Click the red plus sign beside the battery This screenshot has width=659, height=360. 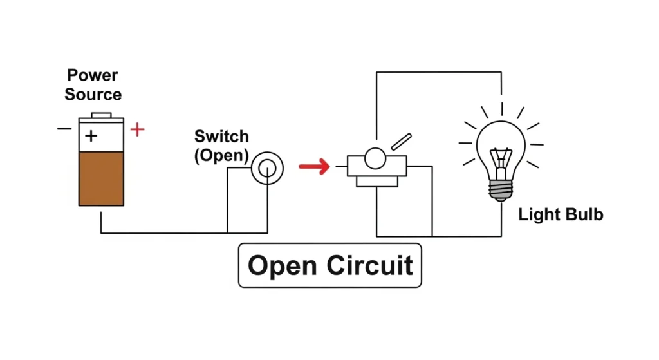pyautogui.click(x=137, y=130)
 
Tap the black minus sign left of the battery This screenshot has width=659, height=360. pyautogui.click(x=64, y=129)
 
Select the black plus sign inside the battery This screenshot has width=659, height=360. pyautogui.click(x=91, y=136)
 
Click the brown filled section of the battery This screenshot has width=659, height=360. pyautogui.click(x=100, y=178)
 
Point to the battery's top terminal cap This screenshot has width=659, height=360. pyautogui.click(x=101, y=115)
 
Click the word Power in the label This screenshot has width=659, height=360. pyautogui.click(x=93, y=75)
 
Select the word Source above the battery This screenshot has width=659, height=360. pyautogui.click(x=93, y=95)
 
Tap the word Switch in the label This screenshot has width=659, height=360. pyautogui.click(x=221, y=137)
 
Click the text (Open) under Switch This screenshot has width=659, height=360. pyautogui.click(x=221, y=156)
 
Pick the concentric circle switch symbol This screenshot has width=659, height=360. pyautogui.click(x=267, y=167)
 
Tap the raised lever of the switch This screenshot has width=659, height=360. pyautogui.click(x=400, y=142)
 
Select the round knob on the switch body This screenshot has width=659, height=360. pyautogui.click(x=375, y=158)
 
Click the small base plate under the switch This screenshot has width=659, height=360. pyautogui.click(x=376, y=182)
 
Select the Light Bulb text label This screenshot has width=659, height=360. pyautogui.click(x=561, y=214)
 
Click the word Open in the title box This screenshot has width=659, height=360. pyautogui.click(x=282, y=265)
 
